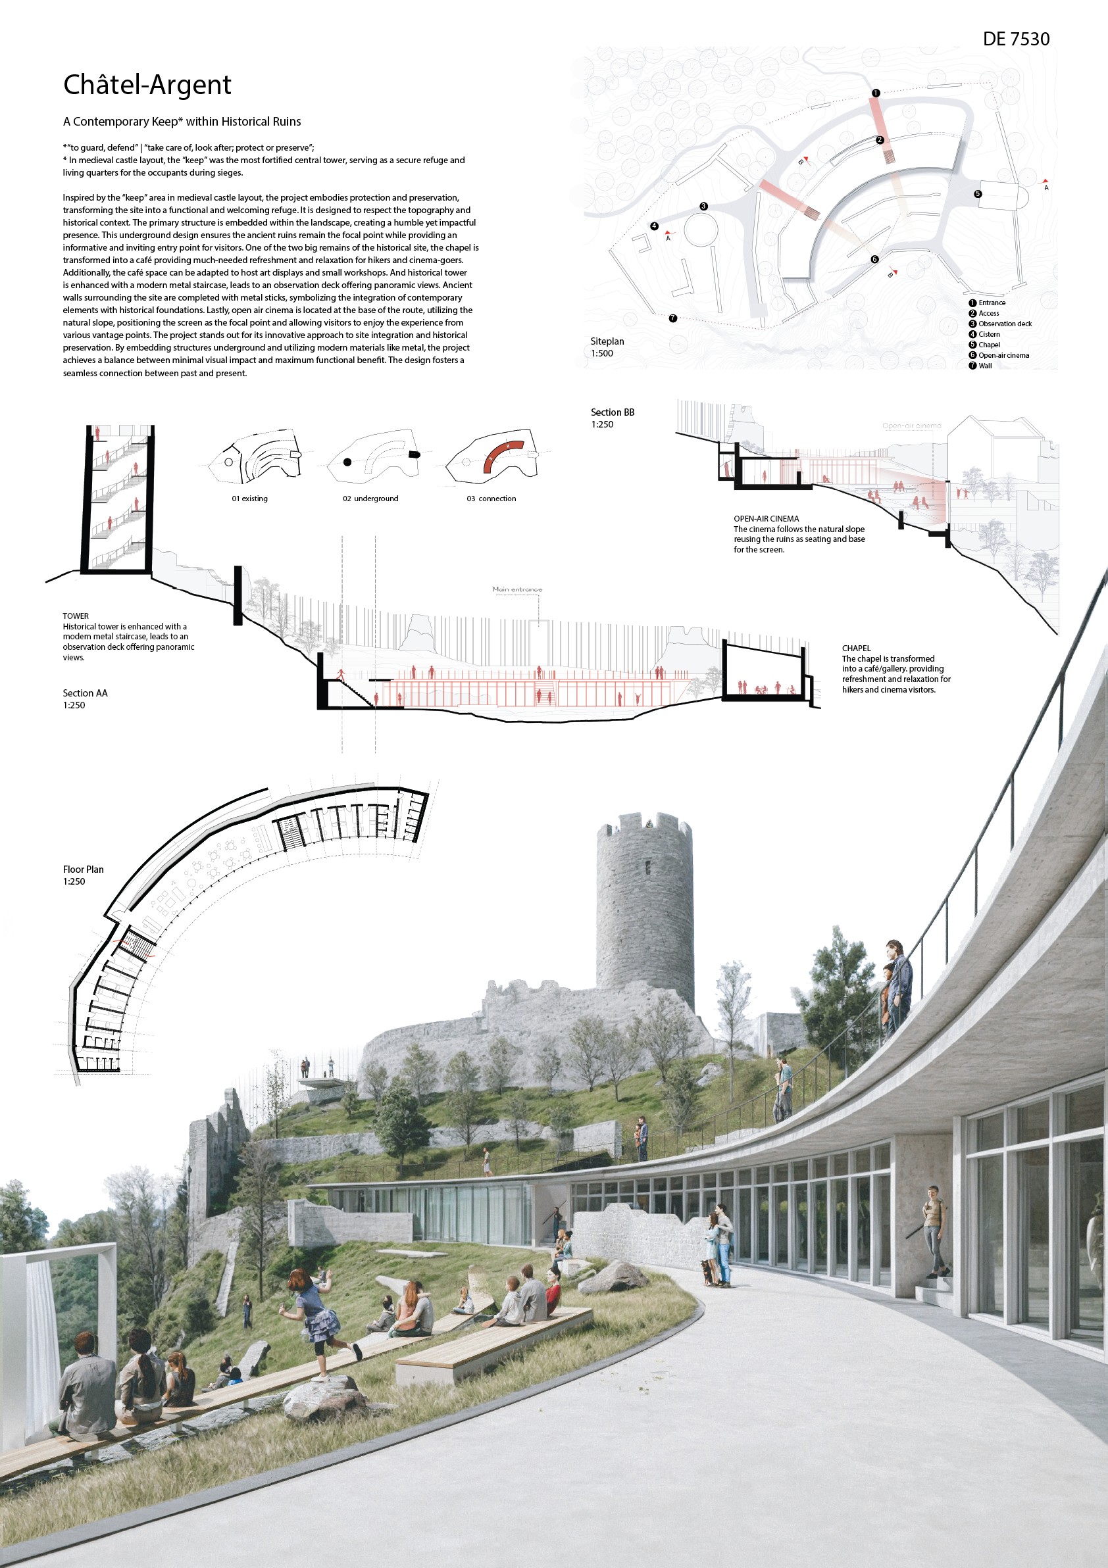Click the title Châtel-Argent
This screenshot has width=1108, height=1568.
[x=147, y=85]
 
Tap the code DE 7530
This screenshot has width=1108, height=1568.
[x=1016, y=39]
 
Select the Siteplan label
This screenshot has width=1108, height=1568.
[x=607, y=341]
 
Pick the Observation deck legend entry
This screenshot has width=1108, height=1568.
[x=1004, y=324]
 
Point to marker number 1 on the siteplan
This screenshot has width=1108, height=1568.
[x=876, y=93]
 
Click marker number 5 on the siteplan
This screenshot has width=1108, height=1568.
[x=978, y=194]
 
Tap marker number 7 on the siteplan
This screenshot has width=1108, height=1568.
[x=673, y=318]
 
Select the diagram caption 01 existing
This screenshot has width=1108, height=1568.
[x=249, y=499]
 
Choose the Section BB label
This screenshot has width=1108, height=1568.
[x=612, y=412]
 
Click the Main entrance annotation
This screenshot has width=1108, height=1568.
[x=517, y=589]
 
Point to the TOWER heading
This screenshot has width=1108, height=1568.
[x=76, y=616]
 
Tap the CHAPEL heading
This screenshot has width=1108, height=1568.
[x=856, y=648]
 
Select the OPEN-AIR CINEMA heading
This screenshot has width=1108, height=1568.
[x=766, y=519]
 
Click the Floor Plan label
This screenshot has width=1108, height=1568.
[x=84, y=870]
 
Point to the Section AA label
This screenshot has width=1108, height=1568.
[x=85, y=693]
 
